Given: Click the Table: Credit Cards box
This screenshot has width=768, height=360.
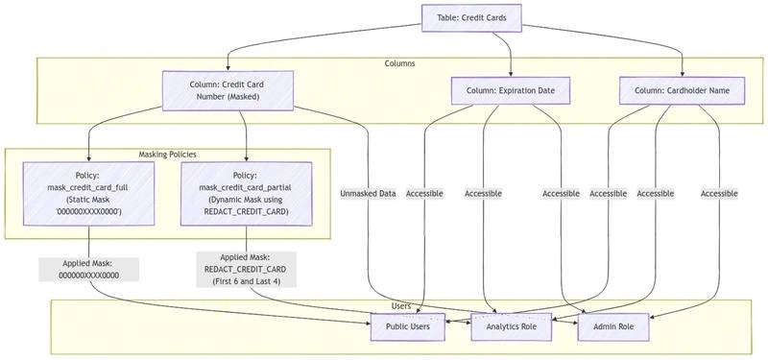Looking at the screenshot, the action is coord(471,18).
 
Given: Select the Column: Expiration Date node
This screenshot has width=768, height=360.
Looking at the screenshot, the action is coord(511,90).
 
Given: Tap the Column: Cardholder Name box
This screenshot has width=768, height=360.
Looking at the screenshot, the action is coord(682,90).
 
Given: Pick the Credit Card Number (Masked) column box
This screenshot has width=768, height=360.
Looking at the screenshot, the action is coord(228,90).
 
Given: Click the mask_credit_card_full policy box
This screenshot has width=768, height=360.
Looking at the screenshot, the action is coord(88,194).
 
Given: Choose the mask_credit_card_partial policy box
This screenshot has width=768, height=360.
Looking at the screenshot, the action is coord(246,194).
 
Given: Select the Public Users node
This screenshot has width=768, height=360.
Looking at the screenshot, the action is coord(407,326).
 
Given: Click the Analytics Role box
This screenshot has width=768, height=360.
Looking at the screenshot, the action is coord(511,326).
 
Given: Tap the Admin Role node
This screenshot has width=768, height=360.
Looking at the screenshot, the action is coord(613,326).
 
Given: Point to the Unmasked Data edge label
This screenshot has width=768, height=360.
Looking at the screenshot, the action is coord(368,194).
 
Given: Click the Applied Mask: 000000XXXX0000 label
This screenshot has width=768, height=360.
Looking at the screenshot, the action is coord(88,270).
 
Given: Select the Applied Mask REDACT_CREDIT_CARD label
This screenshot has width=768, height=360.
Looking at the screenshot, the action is coord(246,270).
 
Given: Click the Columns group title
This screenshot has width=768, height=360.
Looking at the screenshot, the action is coord(399,63).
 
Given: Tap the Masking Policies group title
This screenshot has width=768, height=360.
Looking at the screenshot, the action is coord(167,155).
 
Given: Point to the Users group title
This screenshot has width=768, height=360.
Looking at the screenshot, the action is coord(401,306).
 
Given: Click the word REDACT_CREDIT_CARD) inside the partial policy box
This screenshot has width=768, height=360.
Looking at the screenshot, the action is coord(246,211).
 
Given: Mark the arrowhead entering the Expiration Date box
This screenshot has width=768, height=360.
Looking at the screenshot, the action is coord(511,74).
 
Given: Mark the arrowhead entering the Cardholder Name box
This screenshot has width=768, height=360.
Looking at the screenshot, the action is coord(682,74).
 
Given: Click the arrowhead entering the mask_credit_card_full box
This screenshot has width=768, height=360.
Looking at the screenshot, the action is coord(88,158).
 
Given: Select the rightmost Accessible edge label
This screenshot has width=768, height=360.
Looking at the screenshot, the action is coord(719,194).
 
